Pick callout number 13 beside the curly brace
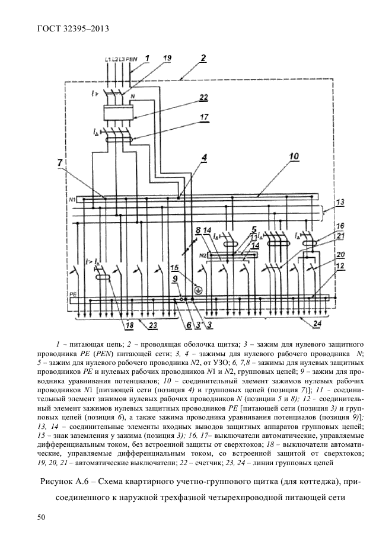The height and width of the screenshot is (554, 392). [x=340, y=202]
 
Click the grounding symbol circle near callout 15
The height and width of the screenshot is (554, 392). [x=199, y=291]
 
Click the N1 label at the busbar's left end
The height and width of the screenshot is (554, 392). [x=72, y=198]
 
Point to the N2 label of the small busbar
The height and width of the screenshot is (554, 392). [x=202, y=255]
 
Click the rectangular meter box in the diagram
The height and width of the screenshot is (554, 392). [x=117, y=113]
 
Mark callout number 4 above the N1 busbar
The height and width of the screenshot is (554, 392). [x=204, y=158]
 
